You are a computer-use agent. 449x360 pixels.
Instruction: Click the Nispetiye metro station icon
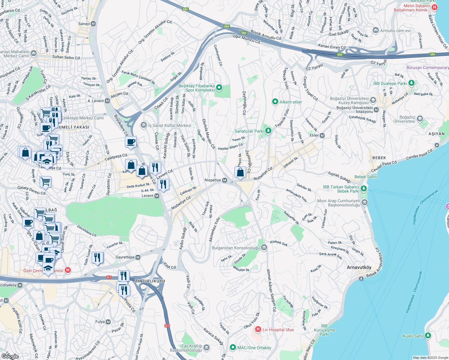click(224, 180)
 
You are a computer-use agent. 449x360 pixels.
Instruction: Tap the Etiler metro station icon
click(322, 135)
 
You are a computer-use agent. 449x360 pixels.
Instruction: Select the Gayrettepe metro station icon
click(138, 257)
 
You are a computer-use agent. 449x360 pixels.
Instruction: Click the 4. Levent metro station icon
click(107, 101)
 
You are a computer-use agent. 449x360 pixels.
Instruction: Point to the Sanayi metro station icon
click(93, 24)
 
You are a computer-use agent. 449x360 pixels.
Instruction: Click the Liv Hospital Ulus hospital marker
click(258, 329)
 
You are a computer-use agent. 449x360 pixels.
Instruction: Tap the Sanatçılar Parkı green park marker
click(268, 131)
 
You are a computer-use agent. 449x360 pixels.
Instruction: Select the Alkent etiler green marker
click(275, 102)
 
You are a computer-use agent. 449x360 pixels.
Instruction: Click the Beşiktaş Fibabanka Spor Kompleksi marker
click(219, 88)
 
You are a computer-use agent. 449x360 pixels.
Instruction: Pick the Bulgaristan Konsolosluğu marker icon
click(264, 247)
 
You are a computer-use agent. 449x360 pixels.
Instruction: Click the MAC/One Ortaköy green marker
click(233, 347)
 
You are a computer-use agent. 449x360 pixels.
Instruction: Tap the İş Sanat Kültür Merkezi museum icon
click(144, 125)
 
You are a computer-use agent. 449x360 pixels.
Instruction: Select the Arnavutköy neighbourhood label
click(359, 267)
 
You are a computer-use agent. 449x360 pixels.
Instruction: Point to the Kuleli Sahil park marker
click(428, 336)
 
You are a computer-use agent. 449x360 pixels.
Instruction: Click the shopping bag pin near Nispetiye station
click(240, 172)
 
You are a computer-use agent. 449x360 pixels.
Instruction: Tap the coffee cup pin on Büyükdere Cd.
click(131, 142)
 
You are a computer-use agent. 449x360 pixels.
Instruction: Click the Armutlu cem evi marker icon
click(375, 30)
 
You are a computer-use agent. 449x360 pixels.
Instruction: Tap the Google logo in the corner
click(10, 356)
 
